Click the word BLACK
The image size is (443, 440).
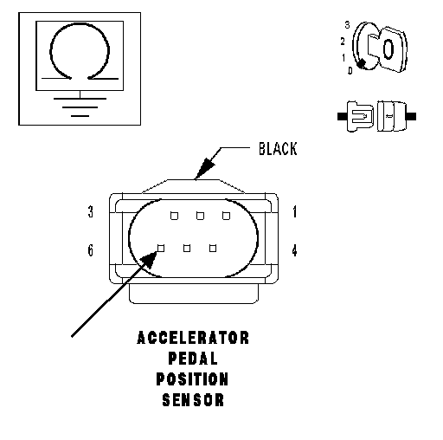278,149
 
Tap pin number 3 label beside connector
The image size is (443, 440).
91,211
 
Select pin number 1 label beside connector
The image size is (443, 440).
294,211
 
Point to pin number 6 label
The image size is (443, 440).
91,250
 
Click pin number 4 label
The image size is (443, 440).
294,250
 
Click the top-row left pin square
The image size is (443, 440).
174,216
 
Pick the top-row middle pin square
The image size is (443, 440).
200,216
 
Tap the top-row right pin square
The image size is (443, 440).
226,216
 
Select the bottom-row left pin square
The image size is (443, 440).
161,249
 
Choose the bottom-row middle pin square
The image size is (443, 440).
187,249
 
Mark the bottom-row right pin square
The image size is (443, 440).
213,249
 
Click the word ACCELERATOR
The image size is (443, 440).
193,338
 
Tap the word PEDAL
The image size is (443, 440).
193,359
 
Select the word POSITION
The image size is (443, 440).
192,379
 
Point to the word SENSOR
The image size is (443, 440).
193,400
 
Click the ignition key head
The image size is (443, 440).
392,49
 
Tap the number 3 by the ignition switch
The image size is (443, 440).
347,25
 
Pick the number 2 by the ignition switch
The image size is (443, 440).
343,42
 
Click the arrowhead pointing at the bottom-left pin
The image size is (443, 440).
150,259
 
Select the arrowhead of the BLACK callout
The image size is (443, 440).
205,168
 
